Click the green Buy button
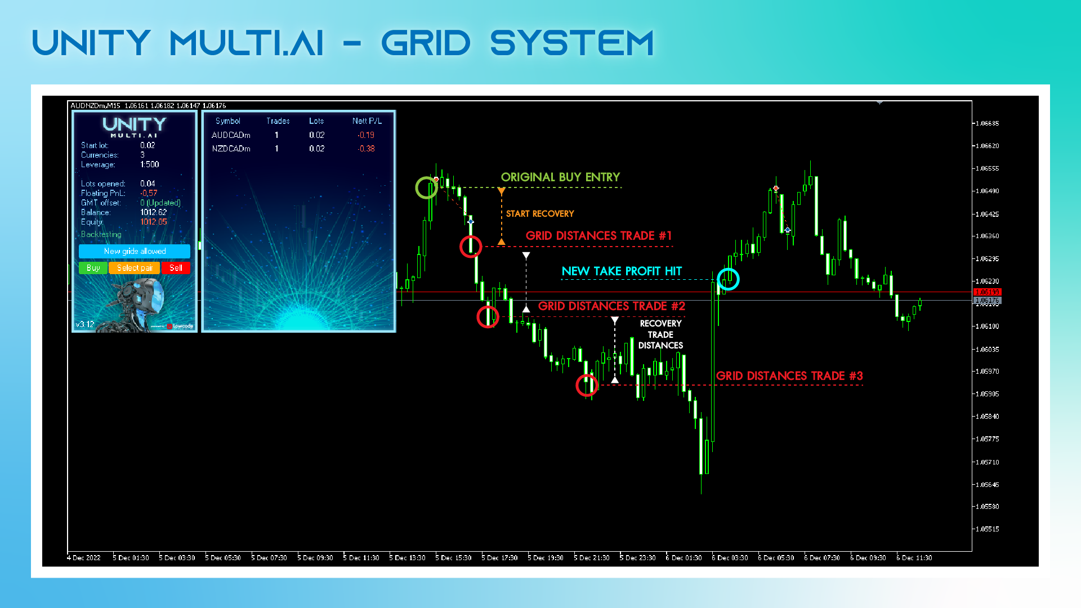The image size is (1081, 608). (93, 268)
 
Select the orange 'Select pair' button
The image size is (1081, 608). (135, 268)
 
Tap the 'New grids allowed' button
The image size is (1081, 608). (135, 251)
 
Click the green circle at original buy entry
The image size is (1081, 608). (426, 187)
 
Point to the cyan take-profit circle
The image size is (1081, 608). (728, 279)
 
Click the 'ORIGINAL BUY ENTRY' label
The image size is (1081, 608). (560, 177)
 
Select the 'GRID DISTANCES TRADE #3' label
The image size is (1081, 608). (789, 376)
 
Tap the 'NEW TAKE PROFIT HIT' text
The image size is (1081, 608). (622, 271)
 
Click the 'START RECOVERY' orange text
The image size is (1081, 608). (540, 214)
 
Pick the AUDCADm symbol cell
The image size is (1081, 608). (231, 135)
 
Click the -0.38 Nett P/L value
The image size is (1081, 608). (367, 149)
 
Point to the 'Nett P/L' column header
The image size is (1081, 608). (367, 121)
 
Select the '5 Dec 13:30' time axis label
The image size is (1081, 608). (408, 558)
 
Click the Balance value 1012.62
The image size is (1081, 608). (153, 212)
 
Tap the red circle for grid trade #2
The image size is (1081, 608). (488, 317)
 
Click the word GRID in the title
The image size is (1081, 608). (426, 43)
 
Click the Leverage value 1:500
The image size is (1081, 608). (150, 164)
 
